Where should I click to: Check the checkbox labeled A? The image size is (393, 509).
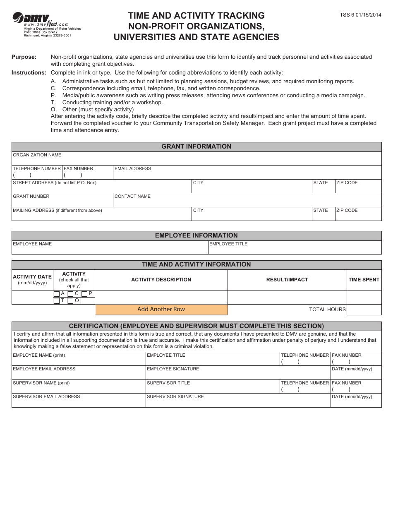tap(57, 294)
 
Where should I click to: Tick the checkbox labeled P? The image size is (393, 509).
tap(84, 294)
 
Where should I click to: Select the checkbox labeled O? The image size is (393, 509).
tap(71, 301)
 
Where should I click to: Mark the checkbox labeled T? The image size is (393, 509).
tap(57, 301)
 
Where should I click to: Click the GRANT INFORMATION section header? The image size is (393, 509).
tap(196, 146)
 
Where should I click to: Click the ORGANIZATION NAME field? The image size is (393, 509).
tap(196, 161)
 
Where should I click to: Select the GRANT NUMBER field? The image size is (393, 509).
tap(62, 202)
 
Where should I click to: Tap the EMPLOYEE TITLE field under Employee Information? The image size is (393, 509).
tap(295, 250)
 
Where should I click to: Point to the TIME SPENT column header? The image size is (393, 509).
tap(364, 280)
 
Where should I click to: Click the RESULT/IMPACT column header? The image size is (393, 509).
tap(287, 280)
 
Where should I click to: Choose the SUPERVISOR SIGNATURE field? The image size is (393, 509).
tap(238, 403)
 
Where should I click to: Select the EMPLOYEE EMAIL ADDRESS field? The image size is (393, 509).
tap(79, 375)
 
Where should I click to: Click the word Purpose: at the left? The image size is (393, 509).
tap(24, 57)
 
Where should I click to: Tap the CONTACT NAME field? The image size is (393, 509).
tap(247, 202)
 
